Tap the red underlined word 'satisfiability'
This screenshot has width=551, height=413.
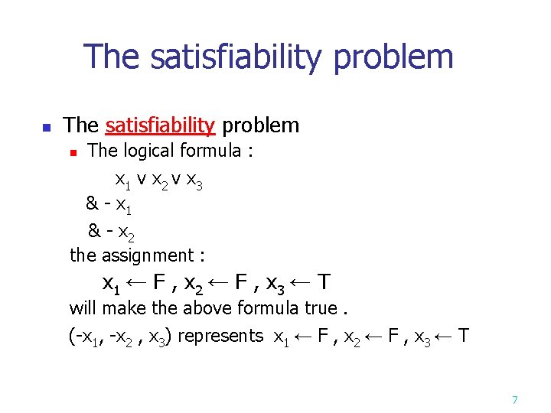coord(160,125)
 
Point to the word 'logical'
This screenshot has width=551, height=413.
coord(153,151)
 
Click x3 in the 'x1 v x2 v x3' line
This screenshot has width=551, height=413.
coord(194,182)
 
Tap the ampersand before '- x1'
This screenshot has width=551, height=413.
coord(92,203)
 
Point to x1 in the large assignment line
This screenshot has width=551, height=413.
coord(111,285)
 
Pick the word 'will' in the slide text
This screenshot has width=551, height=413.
coord(82,308)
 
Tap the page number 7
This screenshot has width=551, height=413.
coord(515,400)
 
